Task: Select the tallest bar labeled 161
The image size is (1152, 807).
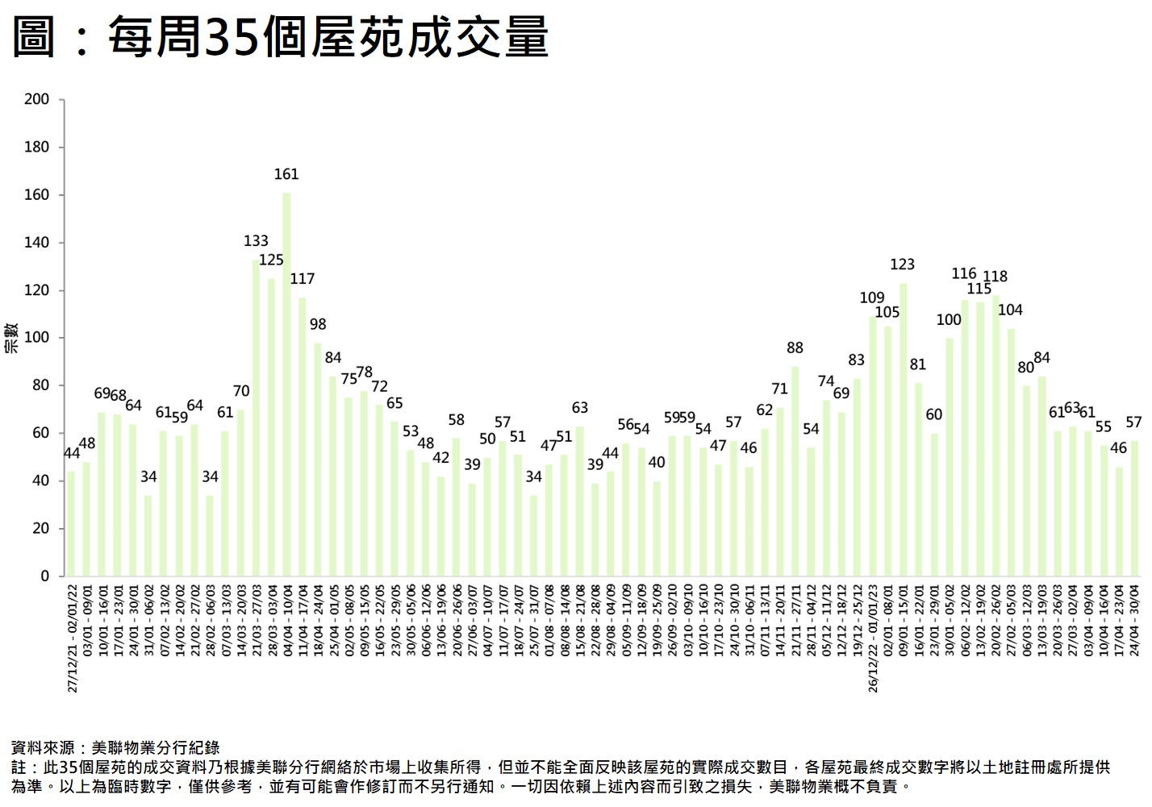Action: tap(286, 384)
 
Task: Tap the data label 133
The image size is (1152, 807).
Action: tap(256, 240)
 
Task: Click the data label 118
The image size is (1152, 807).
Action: tap(995, 276)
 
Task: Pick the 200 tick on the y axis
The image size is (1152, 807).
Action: tap(37, 99)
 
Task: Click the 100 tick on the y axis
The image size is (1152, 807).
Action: tap(37, 338)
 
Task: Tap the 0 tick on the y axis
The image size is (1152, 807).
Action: tap(45, 576)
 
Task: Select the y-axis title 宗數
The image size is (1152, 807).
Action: tap(11, 338)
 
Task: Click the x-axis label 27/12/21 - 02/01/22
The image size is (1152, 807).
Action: tap(72, 638)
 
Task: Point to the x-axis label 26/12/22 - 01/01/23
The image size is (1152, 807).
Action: tap(873, 638)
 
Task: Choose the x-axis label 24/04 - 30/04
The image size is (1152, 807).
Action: tap(1134, 621)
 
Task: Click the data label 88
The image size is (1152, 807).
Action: tap(795, 347)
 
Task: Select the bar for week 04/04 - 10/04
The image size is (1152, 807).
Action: tap(286, 384)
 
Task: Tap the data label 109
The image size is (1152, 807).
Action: tap(872, 297)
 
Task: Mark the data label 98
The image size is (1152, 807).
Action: tap(318, 324)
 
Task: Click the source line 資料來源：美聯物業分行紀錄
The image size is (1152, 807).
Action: tap(115, 747)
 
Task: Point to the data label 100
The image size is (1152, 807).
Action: tap(949, 319)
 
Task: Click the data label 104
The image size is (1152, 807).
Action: tap(1010, 310)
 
